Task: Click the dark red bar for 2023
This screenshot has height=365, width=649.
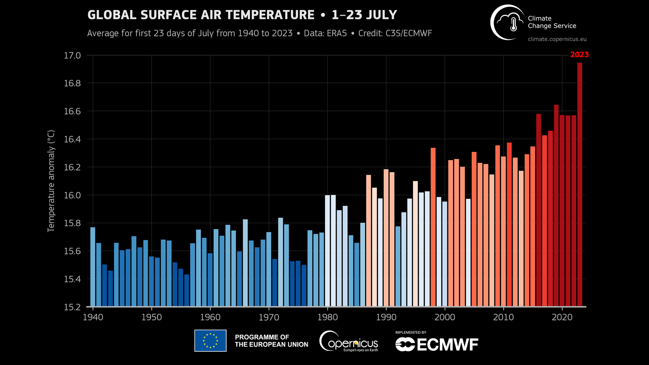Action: (579, 186)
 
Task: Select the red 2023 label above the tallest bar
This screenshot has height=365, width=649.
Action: (579, 55)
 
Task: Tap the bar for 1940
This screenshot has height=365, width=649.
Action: (93, 267)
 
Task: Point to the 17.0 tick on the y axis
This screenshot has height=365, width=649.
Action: (72, 56)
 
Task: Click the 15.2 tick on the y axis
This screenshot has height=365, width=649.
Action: (72, 307)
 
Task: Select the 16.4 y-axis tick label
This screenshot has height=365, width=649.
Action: (72, 139)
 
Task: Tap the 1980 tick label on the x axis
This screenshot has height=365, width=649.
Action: (327, 317)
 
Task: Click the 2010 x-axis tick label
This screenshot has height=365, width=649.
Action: (503, 317)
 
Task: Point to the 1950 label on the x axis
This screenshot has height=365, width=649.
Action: (152, 317)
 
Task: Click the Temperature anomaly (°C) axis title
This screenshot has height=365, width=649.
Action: (51, 181)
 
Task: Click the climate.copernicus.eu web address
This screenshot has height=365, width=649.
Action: (557, 39)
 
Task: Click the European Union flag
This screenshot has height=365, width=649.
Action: (210, 341)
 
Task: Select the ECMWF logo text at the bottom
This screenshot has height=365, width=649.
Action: (437, 344)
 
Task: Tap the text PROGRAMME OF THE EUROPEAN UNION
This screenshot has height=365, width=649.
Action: (271, 341)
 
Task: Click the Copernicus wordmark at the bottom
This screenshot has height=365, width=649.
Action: (349, 342)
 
